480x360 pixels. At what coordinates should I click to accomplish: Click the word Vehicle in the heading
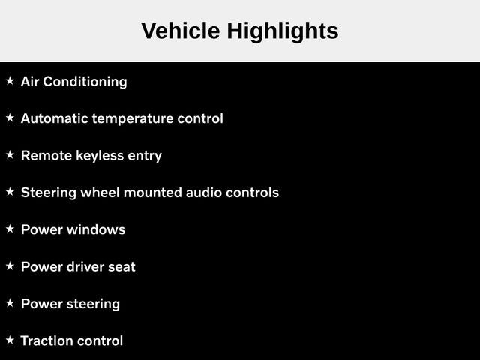181,31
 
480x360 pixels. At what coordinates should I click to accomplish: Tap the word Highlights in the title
283,32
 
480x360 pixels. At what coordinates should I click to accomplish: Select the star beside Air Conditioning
10,81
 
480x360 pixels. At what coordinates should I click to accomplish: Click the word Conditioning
85,82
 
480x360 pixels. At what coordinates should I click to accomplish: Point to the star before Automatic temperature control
10,118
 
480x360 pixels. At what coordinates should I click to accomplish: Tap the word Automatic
55,118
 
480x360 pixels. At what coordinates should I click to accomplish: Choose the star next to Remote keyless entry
10,155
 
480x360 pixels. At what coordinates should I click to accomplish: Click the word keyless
100,156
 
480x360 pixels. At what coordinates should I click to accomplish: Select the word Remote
46,155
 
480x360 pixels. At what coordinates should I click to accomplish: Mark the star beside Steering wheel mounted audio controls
10,192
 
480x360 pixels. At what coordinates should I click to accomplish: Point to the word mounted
153,193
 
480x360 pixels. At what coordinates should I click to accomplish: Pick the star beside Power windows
10,229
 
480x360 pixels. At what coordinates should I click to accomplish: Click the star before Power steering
10,303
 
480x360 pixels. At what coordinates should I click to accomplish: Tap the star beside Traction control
10,340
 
